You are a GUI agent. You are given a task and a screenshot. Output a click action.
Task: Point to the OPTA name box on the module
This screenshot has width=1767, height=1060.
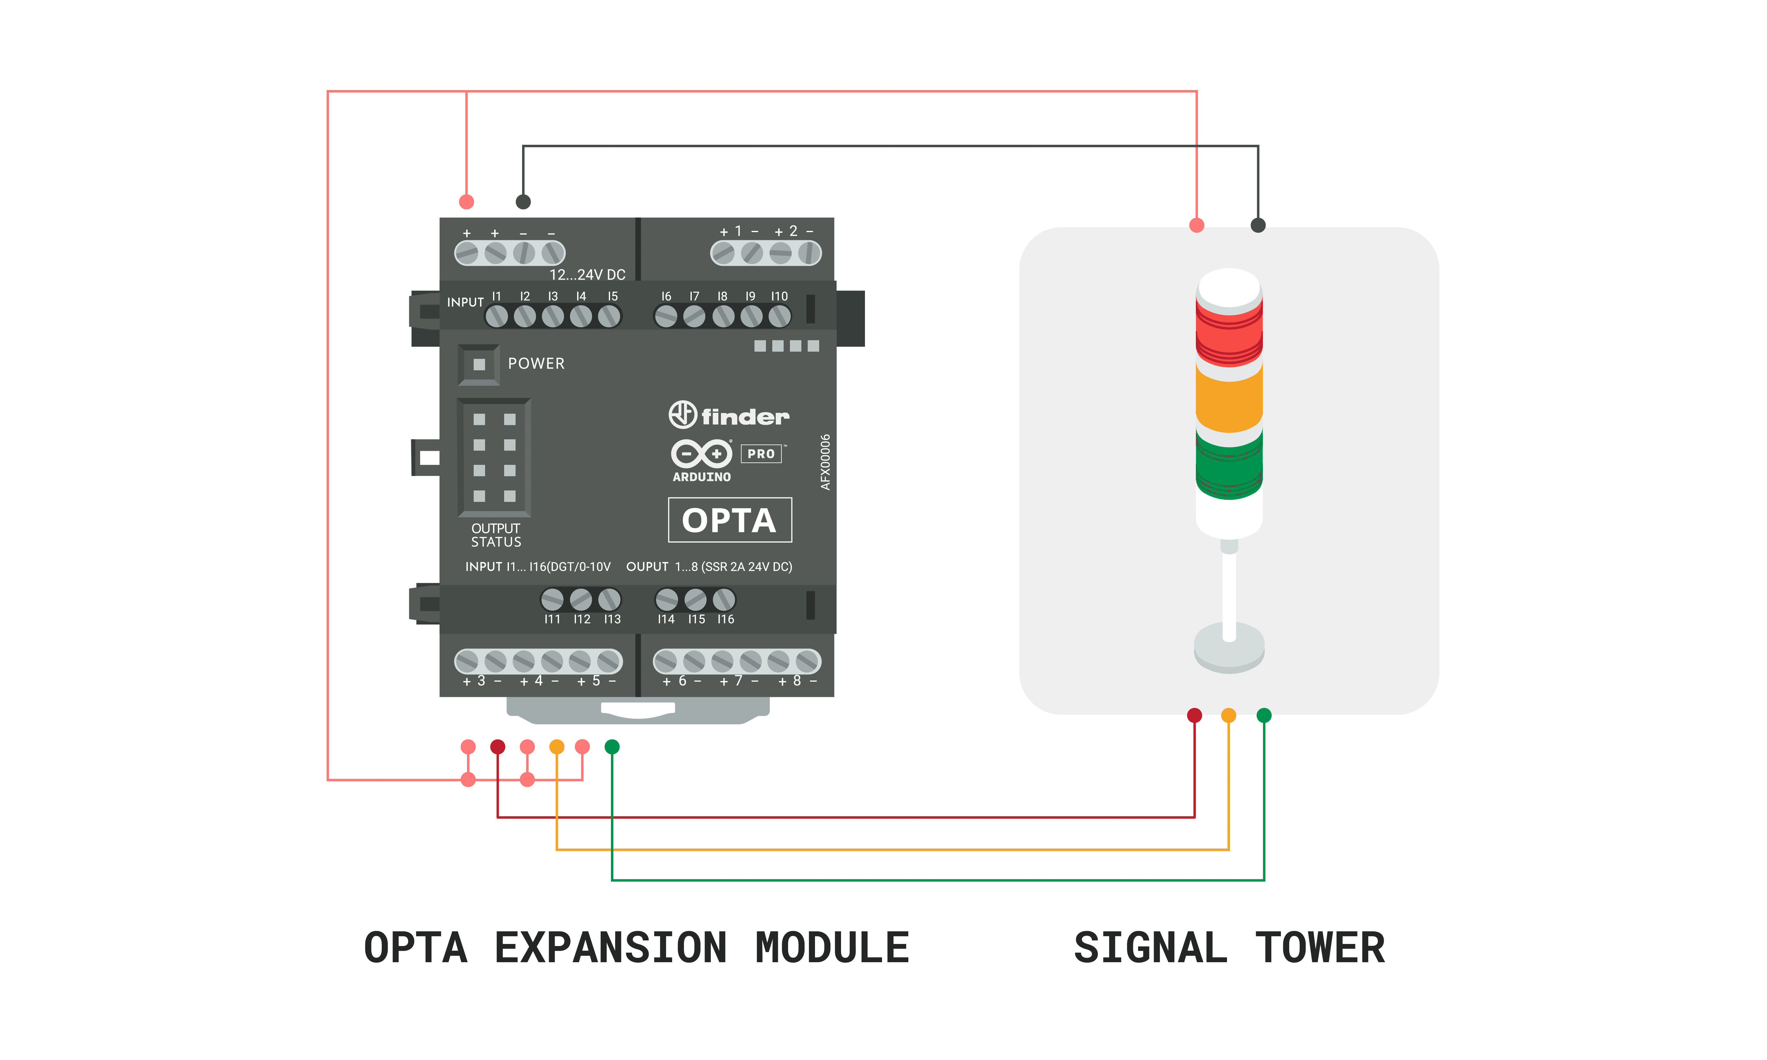click(729, 520)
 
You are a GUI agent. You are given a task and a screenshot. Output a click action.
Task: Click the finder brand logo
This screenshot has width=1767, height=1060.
click(729, 415)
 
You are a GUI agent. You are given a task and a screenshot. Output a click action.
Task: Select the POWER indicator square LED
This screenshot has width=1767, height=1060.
click(479, 364)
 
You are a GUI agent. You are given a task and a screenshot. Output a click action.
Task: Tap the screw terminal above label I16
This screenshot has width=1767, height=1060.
click(724, 599)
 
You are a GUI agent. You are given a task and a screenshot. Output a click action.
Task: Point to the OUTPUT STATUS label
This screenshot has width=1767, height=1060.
click(496, 535)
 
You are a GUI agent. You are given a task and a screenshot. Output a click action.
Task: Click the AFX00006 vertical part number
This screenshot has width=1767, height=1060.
click(825, 462)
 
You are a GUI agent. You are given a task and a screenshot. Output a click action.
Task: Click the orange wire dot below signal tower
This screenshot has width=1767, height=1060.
click(1228, 715)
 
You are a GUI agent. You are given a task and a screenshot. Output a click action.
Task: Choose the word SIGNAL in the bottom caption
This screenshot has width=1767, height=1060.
click(1150, 948)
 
